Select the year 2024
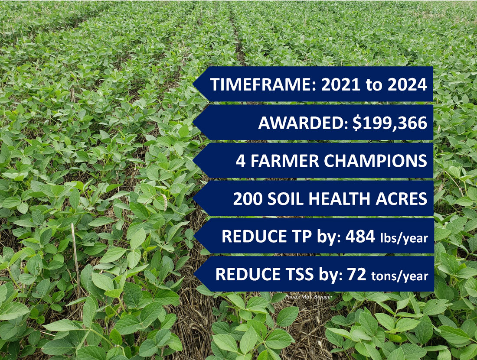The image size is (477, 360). click(x=407, y=84)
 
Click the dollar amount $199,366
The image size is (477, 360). click(x=390, y=123)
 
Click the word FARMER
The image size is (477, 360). click(x=284, y=161)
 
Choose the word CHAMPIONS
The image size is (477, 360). click(x=376, y=161)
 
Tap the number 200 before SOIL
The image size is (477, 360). click(x=248, y=199)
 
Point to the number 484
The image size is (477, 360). click(x=360, y=237)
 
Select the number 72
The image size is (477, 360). click(x=356, y=274)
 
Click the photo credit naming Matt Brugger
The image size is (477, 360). click(x=309, y=297)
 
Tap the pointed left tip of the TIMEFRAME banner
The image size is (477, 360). click(x=193, y=84)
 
